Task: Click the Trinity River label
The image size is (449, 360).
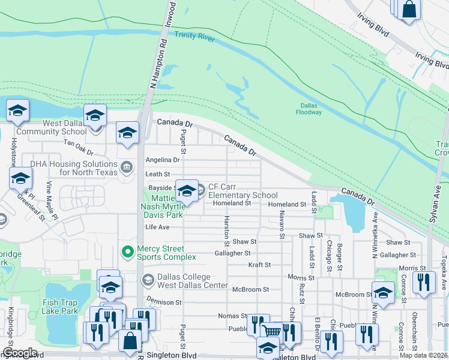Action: pos(194,35)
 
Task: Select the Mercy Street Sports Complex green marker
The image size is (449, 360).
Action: pos(127,252)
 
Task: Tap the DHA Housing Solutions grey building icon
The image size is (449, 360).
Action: pos(127,167)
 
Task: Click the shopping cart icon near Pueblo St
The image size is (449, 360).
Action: pos(272,331)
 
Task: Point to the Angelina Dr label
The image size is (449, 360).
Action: pos(163,160)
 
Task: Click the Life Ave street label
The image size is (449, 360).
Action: pos(157,227)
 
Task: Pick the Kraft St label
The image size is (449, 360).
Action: pos(259,264)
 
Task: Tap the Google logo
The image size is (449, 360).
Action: pos(19,353)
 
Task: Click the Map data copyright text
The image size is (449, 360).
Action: pos(423,355)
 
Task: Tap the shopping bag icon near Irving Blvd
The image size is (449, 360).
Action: pos(409,10)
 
